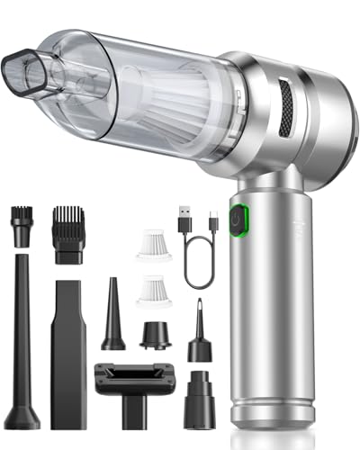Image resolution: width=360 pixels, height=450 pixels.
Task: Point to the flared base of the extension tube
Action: click(x=22, y=414)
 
